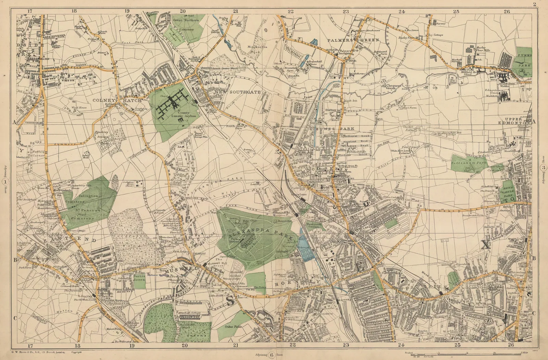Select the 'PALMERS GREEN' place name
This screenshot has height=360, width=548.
pyautogui.click(x=353, y=40)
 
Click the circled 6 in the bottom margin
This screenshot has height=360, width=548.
pyautogui.click(x=272, y=355)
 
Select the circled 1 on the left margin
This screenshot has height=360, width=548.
pyautogui.click(x=4, y=181)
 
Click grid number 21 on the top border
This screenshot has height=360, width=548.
pyautogui.click(x=235, y=11)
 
